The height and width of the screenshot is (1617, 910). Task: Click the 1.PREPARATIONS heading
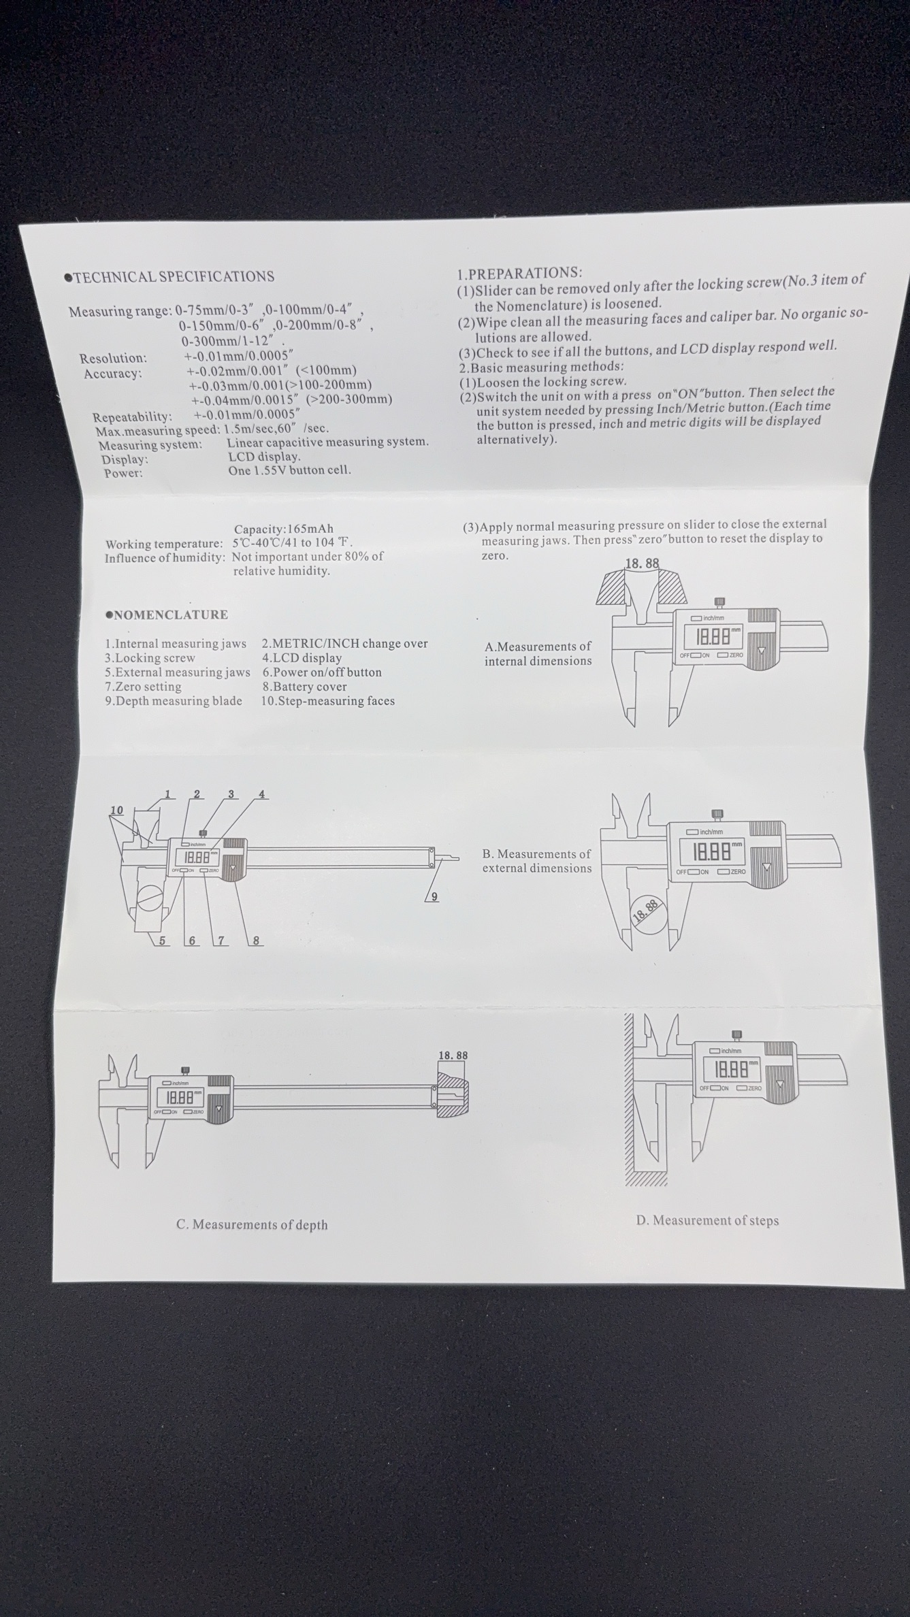point(519,273)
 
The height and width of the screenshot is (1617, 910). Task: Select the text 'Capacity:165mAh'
point(283,529)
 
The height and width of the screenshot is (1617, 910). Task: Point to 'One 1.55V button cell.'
point(289,470)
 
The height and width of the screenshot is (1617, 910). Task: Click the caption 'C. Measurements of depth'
point(252,1224)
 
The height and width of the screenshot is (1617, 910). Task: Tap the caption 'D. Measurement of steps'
point(707,1220)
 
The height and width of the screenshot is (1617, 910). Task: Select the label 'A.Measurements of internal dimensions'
point(538,653)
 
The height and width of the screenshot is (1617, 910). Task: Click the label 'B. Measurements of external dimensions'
point(537,861)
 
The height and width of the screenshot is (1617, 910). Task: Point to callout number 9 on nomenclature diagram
point(434,897)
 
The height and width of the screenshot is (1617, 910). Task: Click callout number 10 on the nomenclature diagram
point(117,810)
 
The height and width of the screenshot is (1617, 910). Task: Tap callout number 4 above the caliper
point(262,794)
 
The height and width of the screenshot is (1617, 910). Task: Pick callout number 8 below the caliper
point(256,941)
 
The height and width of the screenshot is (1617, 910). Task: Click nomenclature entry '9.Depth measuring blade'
point(174,701)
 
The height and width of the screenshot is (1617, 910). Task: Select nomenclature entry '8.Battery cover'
point(304,687)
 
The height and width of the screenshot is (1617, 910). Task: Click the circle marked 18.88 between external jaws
point(646,910)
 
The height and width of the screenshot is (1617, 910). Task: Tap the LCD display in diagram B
point(712,851)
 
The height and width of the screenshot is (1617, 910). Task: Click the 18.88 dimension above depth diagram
point(453,1056)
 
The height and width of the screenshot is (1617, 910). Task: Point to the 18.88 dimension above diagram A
point(642,563)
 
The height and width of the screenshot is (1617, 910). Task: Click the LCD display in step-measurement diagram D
point(734,1071)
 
